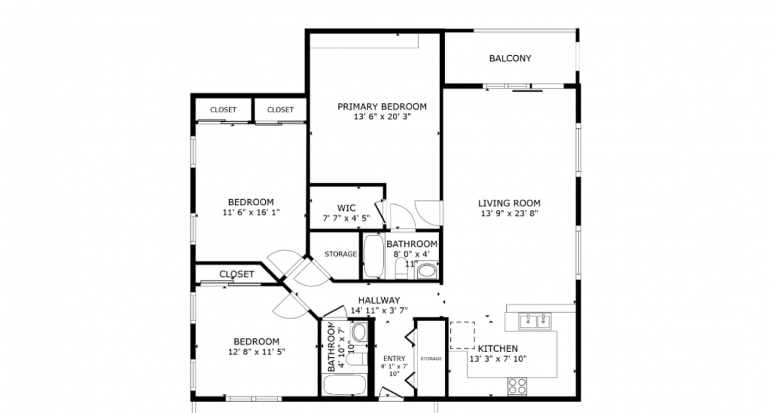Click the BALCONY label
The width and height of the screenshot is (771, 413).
pyautogui.click(x=510, y=58)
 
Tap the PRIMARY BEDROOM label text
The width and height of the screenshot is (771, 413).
pyautogui.click(x=382, y=106)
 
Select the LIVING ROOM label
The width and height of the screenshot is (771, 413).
pyautogui.click(x=509, y=203)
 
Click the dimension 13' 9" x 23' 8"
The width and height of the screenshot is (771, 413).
pyautogui.click(x=509, y=213)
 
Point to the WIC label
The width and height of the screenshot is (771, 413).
pyautogui.click(x=346, y=208)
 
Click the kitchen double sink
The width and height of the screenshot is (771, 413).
pyautogui.click(x=535, y=320)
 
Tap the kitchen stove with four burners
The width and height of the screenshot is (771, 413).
pyautogui.click(x=517, y=385)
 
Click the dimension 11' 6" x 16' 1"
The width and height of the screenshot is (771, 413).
pyautogui.click(x=251, y=212)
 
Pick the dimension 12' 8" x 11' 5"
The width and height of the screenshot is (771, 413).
pyautogui.click(x=257, y=352)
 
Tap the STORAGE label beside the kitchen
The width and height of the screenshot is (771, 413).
pyautogui.click(x=431, y=359)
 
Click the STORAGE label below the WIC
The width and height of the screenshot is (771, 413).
pyautogui.click(x=341, y=254)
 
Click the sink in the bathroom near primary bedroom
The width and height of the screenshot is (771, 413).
pyautogui.click(x=427, y=270)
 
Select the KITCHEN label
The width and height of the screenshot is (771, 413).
pyautogui.click(x=498, y=348)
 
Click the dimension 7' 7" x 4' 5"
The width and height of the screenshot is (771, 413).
pyautogui.click(x=346, y=218)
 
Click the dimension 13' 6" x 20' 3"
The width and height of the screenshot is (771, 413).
pyautogui.click(x=382, y=117)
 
